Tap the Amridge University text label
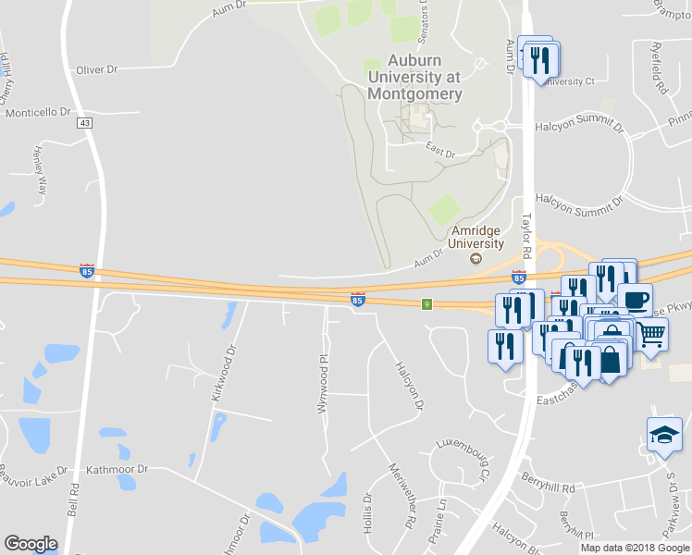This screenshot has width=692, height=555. pyautogui.click(x=476, y=237)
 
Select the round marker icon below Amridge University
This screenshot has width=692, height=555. pyautogui.click(x=476, y=258)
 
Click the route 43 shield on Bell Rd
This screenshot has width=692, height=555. pyautogui.click(x=85, y=123)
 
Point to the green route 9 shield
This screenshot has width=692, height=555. pyautogui.click(x=427, y=303)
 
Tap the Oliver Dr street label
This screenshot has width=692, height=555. pyautogui.click(x=97, y=69)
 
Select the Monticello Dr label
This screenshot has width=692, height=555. pyautogui.click(x=39, y=112)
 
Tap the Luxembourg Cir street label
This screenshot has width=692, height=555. pyautogui.click(x=462, y=456)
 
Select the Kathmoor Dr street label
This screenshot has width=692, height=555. pyautogui.click(x=117, y=469)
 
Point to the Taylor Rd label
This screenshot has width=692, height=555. pyautogui.click(x=527, y=236)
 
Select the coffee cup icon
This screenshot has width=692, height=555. pyautogui.click(x=636, y=299)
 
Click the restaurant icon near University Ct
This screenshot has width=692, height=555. pyautogui.click(x=539, y=58)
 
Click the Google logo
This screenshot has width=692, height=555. pyautogui.click(x=31, y=544)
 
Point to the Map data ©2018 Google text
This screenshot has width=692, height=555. pyautogui.click(x=635, y=548)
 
